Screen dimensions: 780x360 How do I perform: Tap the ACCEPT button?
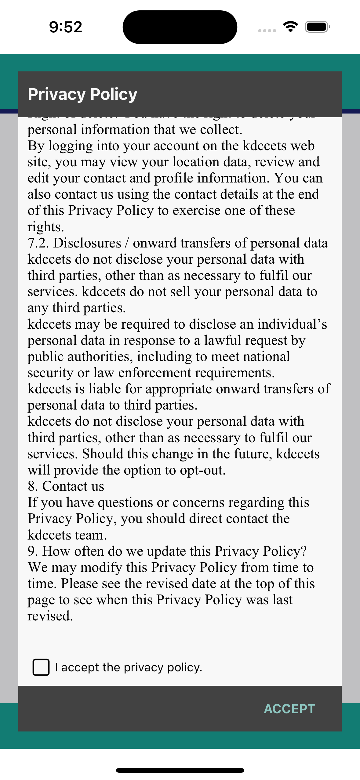[x=289, y=709]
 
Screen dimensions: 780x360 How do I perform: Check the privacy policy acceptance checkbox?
[x=41, y=667]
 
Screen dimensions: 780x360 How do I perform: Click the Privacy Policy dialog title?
[x=82, y=94]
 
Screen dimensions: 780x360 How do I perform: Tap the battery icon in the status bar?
[x=317, y=27]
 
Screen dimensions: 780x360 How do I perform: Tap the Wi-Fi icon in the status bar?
[x=290, y=27]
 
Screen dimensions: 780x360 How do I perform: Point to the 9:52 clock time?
[x=66, y=27]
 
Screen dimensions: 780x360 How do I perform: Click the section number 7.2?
[x=38, y=243]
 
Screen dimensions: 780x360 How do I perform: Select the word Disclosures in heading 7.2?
[x=87, y=243]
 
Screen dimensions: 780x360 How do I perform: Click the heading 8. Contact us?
[x=66, y=486]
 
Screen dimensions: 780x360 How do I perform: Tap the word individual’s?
[x=292, y=324]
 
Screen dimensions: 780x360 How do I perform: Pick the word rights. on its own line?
[x=46, y=227]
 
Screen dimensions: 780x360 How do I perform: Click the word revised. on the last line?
[x=50, y=616]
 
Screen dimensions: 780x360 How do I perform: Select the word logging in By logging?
[x=71, y=146]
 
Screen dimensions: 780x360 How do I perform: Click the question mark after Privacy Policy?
[x=304, y=551]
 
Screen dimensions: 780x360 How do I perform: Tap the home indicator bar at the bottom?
[x=180, y=770]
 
